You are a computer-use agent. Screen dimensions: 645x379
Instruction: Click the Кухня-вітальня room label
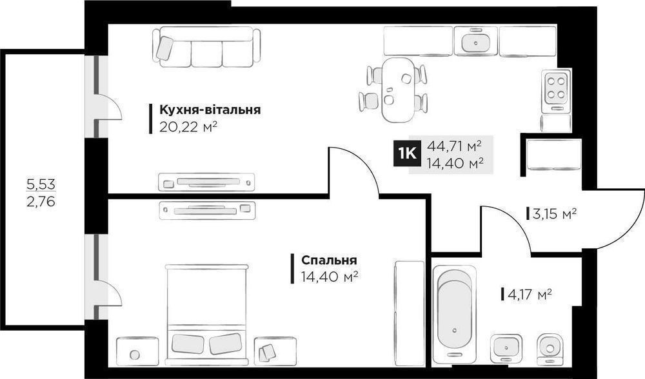click(x=210, y=110)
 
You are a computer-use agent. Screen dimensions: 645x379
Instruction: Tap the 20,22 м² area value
click(x=188, y=127)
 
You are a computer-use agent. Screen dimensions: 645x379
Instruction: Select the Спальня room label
click(x=329, y=260)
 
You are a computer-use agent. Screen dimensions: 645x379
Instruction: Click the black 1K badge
click(x=406, y=154)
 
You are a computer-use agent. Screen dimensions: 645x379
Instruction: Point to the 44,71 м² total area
click(x=455, y=146)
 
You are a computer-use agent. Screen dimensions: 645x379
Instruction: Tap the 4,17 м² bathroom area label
click(x=530, y=295)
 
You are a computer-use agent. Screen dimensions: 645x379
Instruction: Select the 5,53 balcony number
click(x=41, y=184)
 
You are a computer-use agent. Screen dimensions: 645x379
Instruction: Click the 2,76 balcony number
click(x=41, y=202)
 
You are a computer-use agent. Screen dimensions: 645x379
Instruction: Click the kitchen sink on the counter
click(x=476, y=41)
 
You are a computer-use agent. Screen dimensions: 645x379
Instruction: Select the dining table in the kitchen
click(x=398, y=90)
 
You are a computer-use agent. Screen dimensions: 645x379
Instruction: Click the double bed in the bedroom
click(x=207, y=315)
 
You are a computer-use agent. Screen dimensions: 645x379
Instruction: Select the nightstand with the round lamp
click(x=137, y=351)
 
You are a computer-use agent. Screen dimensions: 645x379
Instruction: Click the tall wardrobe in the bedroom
click(x=409, y=313)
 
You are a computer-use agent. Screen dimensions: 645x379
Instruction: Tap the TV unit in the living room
click(x=206, y=182)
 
